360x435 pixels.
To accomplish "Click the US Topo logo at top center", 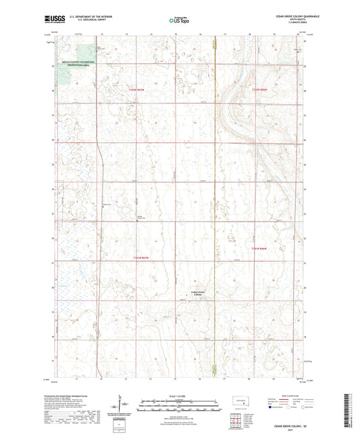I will (x=180, y=21).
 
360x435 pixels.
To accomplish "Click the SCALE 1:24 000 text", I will (x=180, y=394).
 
